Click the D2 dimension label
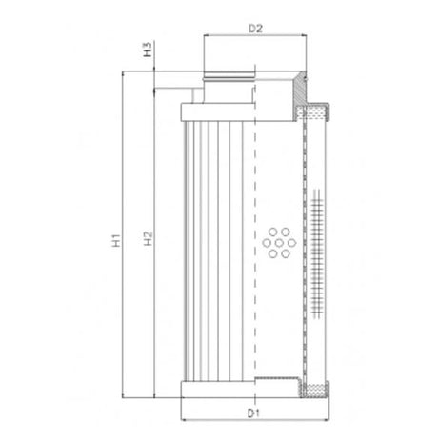pos(254,30)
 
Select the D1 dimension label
pos(253,413)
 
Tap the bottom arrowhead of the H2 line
pos(155,393)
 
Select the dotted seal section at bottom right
pos(311,389)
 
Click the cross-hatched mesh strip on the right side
pos(314,248)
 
